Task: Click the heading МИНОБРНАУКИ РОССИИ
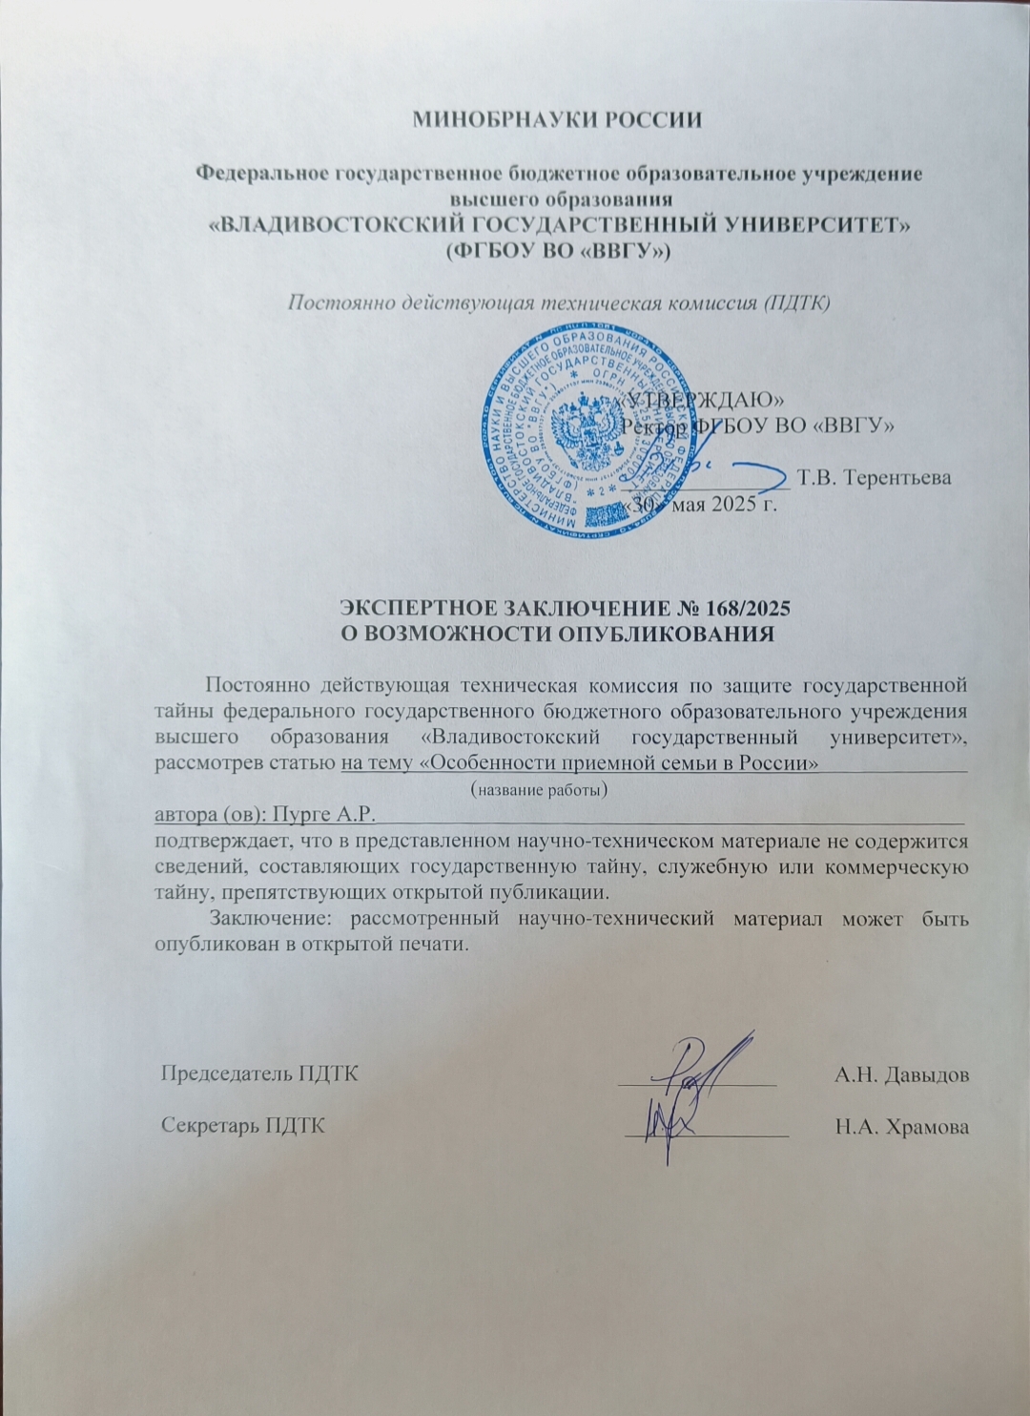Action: click(x=558, y=120)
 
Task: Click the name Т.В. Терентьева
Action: click(x=875, y=477)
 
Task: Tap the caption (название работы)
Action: click(x=541, y=790)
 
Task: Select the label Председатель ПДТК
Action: click(x=259, y=1072)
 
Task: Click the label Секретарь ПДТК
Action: click(x=242, y=1126)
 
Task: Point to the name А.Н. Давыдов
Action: click(x=902, y=1074)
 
